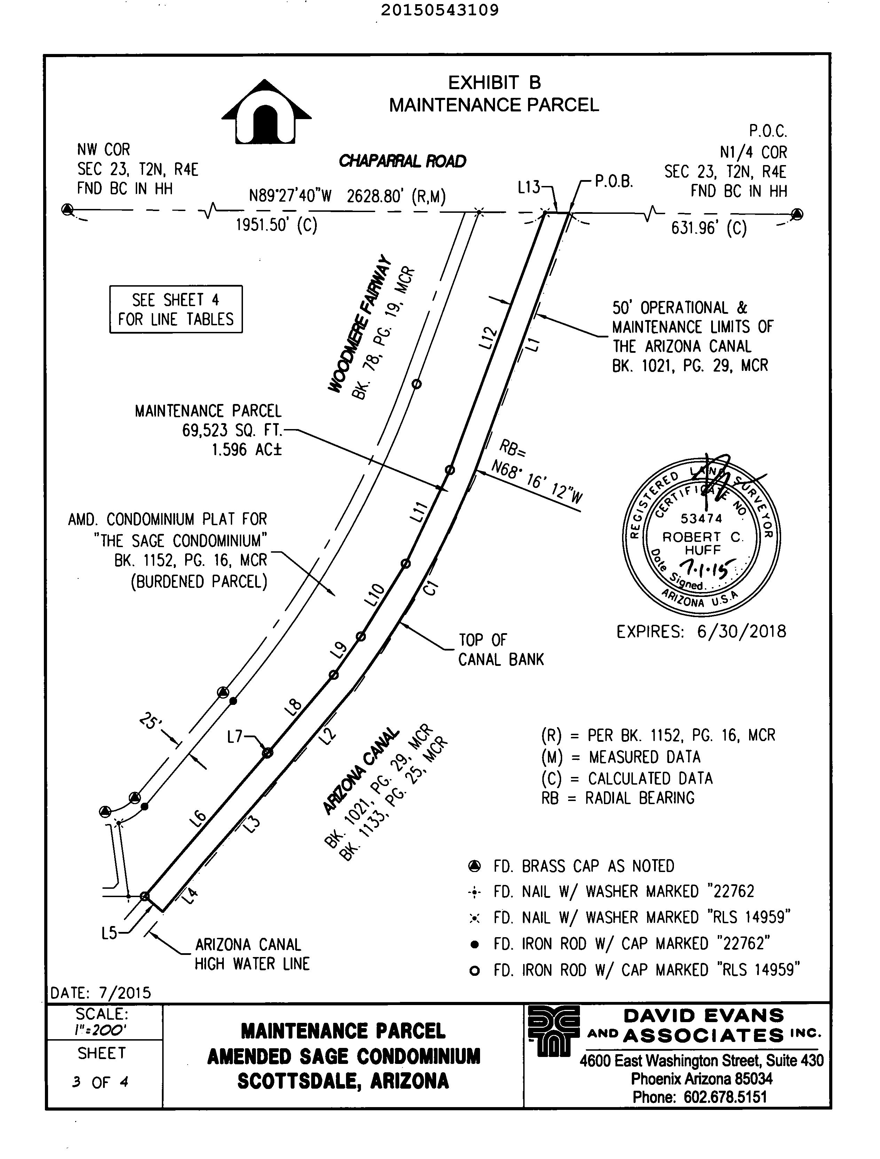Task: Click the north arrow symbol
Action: coord(266,112)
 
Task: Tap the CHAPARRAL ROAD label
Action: coord(402,161)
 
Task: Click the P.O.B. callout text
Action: coord(614,182)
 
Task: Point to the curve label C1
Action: coord(431,589)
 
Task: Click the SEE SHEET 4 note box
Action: coord(176,309)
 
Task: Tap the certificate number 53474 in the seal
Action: coord(701,519)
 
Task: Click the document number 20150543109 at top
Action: coord(439,10)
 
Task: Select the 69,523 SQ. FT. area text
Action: coord(231,431)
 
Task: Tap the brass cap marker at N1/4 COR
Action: coord(797,214)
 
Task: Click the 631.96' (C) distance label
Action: coord(709,228)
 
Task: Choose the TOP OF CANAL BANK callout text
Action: coord(501,650)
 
